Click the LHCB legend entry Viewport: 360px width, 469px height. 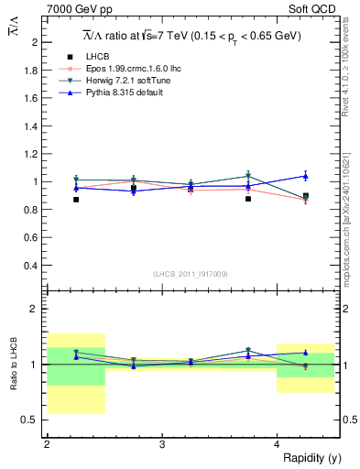point(97,58)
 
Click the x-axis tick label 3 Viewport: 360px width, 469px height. point(161,444)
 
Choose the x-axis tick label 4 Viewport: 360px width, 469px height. point(277,444)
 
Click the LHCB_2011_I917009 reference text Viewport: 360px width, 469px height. point(191,274)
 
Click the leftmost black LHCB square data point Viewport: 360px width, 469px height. point(76,199)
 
